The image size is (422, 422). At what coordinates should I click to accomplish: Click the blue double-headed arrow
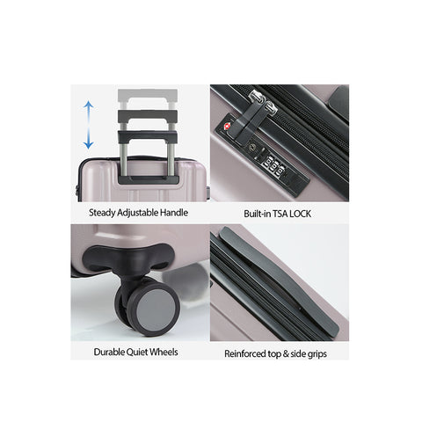(x=88, y=125)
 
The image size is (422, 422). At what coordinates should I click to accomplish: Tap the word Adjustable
(x=137, y=213)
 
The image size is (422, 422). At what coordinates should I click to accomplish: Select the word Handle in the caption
(x=174, y=213)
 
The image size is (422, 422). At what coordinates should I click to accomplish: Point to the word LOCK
(x=300, y=214)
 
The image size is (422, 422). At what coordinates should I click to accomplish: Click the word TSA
(x=280, y=214)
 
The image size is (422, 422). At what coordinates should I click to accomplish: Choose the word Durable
(x=109, y=352)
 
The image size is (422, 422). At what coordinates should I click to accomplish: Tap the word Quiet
(x=136, y=352)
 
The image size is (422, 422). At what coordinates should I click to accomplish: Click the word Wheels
(x=164, y=352)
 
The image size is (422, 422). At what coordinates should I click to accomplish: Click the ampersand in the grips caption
(x=286, y=354)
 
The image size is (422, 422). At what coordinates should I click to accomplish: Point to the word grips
(x=317, y=354)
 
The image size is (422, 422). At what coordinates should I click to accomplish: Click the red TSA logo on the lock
(x=227, y=127)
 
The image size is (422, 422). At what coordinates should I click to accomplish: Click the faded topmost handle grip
(x=148, y=96)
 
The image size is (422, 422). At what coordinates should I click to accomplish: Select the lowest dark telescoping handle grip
(x=148, y=136)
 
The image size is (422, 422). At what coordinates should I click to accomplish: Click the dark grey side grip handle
(x=279, y=280)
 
